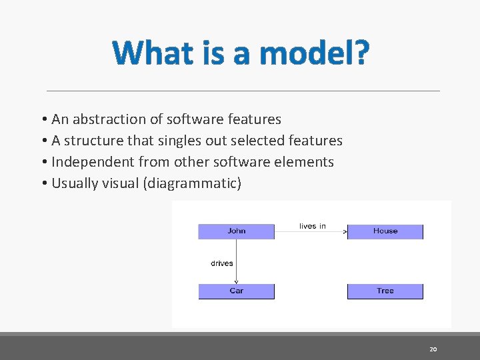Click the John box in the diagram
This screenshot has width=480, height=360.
coord(236,231)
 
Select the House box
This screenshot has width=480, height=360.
coord(385,231)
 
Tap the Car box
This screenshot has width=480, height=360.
coord(236,291)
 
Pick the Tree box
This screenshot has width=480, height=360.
coord(385,291)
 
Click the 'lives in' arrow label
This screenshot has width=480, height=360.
coord(313,226)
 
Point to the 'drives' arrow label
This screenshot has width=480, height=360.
coord(222,263)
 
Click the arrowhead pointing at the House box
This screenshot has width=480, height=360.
coord(345,232)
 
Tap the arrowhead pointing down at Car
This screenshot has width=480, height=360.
coord(237,281)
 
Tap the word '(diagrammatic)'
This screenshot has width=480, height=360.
coord(192,183)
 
